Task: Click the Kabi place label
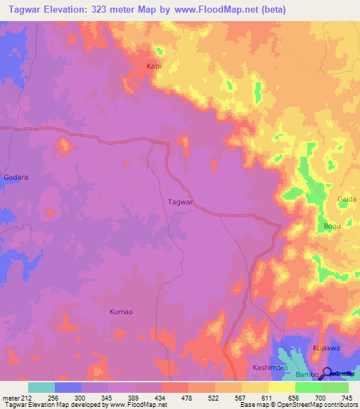[x=153, y=67]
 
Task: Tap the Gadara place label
[x=15, y=177]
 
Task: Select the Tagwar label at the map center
[x=181, y=202]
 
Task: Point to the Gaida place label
[x=347, y=200]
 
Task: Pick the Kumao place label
[x=121, y=311]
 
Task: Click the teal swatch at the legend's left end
[x=41, y=387]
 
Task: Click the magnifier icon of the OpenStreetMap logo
[x=328, y=373]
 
